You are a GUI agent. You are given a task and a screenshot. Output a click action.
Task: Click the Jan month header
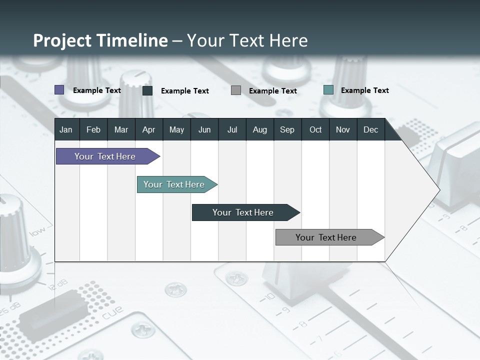[66, 130]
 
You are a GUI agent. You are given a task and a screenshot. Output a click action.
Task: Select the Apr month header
[148, 130]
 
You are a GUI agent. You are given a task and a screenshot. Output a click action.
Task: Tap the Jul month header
[232, 130]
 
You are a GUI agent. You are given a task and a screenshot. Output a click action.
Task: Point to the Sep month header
[287, 130]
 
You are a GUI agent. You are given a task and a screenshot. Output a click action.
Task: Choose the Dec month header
[370, 130]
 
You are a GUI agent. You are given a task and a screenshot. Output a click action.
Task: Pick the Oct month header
[315, 130]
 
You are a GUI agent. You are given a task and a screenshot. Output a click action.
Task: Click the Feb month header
[93, 130]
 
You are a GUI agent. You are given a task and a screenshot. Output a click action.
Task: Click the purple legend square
[59, 90]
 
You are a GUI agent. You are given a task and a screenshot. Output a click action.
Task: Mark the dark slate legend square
[147, 90]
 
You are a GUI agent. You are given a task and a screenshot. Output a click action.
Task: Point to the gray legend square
[236, 90]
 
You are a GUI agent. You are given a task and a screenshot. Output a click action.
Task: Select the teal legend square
[328, 90]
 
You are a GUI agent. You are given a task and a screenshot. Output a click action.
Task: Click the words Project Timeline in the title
[100, 40]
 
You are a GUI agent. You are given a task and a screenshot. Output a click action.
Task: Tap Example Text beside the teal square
[364, 90]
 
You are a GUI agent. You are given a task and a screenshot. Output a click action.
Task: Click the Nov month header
[343, 130]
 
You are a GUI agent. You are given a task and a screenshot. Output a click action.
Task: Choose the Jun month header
[204, 130]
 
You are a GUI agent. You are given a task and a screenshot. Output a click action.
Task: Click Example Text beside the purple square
[97, 90]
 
